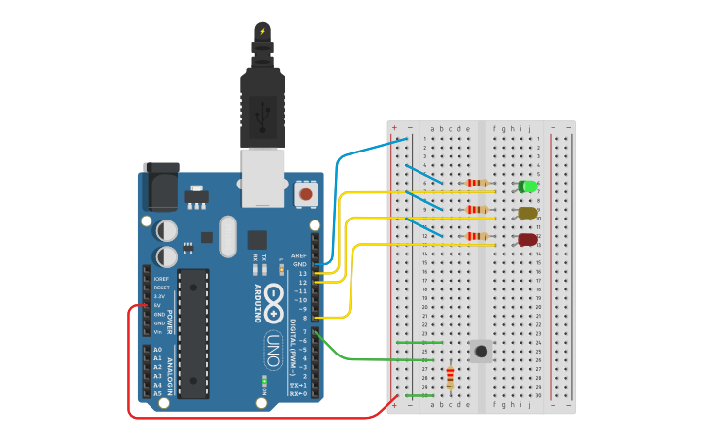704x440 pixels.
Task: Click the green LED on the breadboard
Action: pos(527,186)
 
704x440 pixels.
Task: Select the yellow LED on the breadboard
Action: pos(527,213)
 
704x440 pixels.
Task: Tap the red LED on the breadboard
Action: pos(527,239)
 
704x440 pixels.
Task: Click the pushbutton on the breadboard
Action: pos(480,351)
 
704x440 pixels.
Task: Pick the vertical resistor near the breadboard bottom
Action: pos(450,378)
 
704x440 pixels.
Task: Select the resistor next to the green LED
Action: pos(477,183)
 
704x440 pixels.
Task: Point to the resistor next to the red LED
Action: pos(477,236)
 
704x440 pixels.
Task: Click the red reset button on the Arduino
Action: pos(306,194)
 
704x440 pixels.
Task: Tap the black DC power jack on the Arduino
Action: pos(160,186)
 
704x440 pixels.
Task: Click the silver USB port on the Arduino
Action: pos(262,177)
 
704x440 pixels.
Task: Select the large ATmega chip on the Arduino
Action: pos(193,333)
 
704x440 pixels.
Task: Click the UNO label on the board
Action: pos(273,350)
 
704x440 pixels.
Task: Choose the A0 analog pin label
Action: pos(157,350)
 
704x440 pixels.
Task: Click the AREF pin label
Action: pos(299,255)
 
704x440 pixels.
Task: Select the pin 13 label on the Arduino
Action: pos(302,274)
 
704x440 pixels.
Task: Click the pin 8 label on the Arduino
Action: pos(304,318)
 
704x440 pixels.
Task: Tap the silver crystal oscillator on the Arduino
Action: pos(228,236)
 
